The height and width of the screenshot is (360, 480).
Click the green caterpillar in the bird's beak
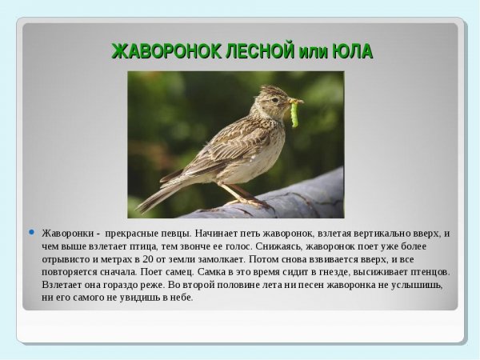tap(294, 114)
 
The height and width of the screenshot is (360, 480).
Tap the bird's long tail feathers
tap(160, 192)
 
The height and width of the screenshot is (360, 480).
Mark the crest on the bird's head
tap(270, 89)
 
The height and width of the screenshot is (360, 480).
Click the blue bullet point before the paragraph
tap(32, 233)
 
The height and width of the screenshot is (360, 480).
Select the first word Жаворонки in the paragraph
tap(66, 234)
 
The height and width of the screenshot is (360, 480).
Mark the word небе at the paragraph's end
tap(181, 298)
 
